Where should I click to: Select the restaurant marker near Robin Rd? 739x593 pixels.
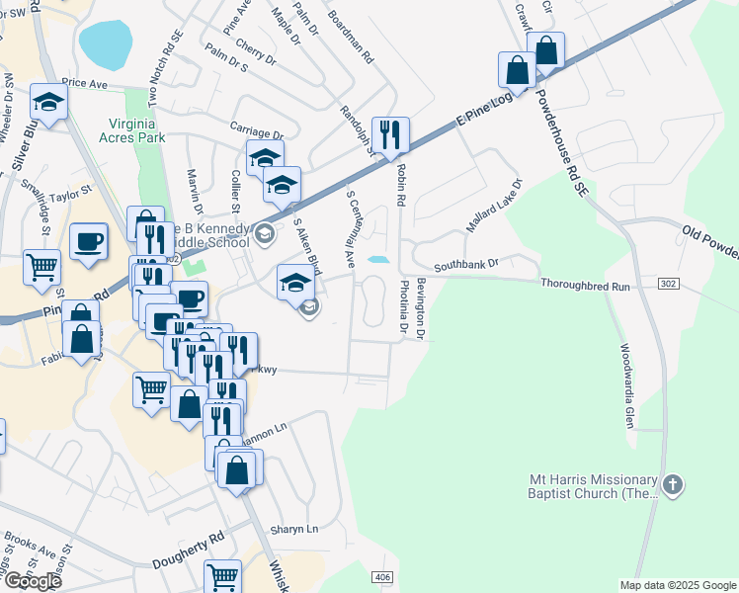click(389, 133)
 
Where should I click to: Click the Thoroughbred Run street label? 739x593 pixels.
click(585, 285)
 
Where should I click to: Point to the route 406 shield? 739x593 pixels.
click(383, 576)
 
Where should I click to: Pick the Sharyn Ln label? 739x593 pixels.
click(295, 529)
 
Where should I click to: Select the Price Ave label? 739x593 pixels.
click(84, 84)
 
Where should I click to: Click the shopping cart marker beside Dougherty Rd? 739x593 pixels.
click(222, 576)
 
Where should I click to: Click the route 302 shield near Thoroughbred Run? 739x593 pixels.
click(669, 284)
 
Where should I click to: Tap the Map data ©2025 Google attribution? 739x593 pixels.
click(677, 585)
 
